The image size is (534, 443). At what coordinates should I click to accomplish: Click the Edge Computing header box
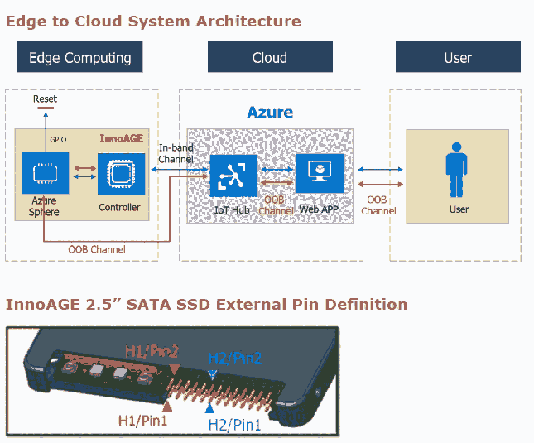(80, 57)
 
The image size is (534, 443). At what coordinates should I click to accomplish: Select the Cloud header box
(269, 57)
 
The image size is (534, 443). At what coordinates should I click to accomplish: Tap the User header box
(458, 57)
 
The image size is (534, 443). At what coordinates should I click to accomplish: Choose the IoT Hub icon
(233, 175)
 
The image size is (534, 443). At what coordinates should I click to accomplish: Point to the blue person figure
(457, 171)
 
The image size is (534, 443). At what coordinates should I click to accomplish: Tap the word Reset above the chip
(45, 99)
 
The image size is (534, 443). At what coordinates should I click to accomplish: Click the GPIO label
(59, 140)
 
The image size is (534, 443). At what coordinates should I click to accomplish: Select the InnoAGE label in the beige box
(123, 138)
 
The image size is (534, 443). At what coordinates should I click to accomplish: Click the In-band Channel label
(176, 153)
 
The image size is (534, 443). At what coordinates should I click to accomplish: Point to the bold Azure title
(270, 112)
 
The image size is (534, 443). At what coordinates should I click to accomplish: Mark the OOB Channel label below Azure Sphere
(96, 249)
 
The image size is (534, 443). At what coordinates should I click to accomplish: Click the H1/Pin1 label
(144, 421)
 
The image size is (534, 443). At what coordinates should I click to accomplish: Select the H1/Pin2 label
(152, 352)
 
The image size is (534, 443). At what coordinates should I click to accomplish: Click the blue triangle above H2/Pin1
(209, 407)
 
